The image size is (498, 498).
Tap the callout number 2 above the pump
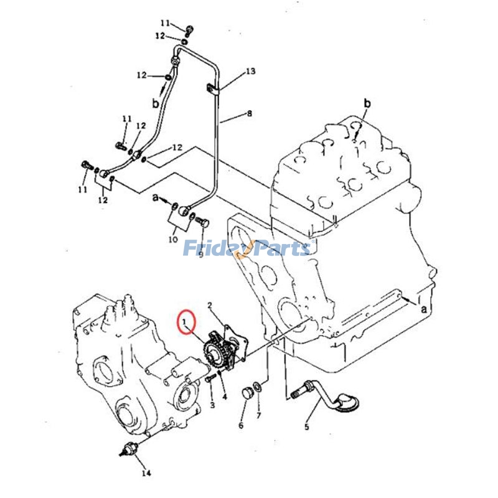coord(210,305)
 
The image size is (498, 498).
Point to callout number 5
coord(306,427)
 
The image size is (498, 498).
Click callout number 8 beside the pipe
coord(250,114)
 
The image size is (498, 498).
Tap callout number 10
coord(172,239)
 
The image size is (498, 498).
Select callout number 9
coord(200,254)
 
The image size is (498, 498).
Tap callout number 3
coord(212,405)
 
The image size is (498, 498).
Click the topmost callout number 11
coord(165,23)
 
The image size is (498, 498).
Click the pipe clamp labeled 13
coord(211,89)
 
